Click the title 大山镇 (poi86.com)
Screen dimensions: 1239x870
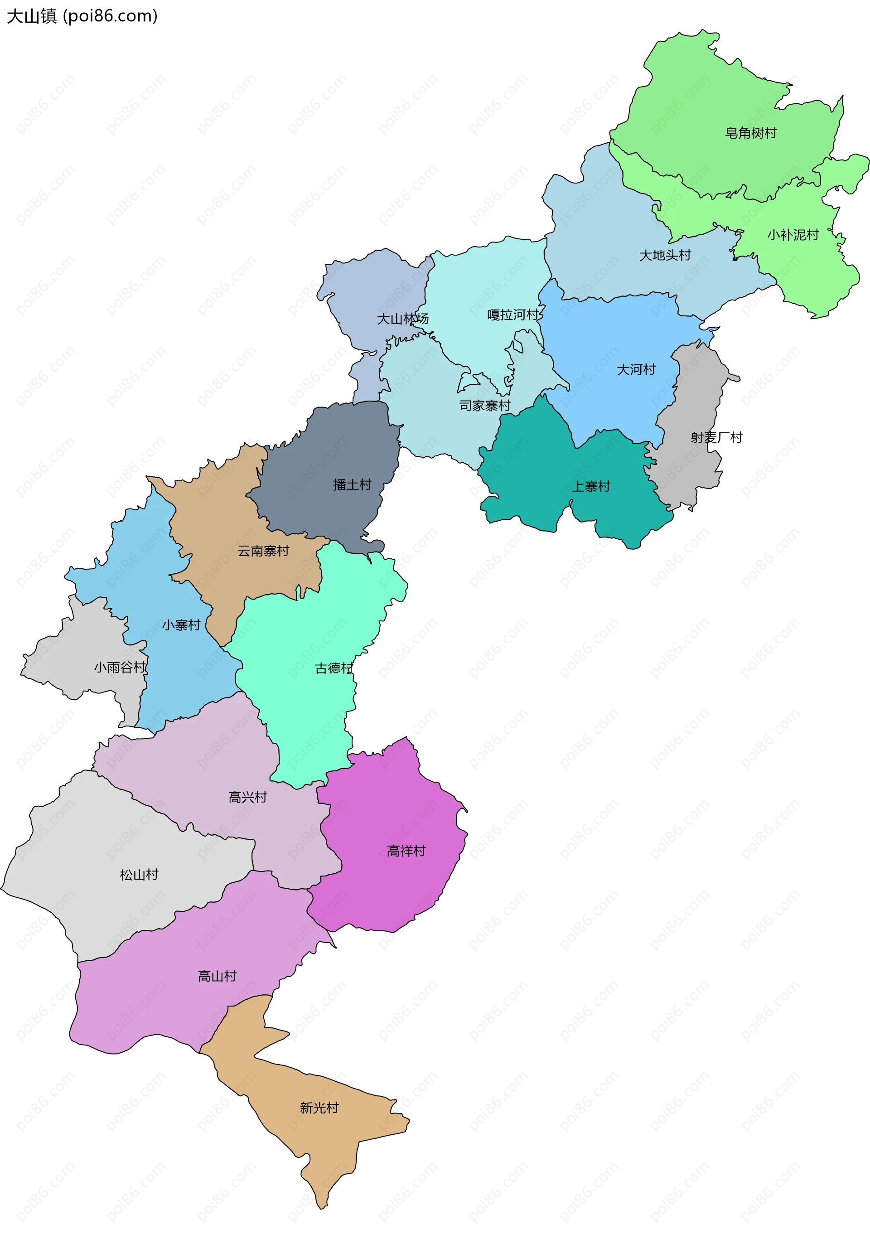pyautogui.click(x=82, y=16)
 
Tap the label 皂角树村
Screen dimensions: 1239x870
pyautogui.click(x=750, y=133)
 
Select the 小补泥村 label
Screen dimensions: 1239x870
pyautogui.click(x=793, y=235)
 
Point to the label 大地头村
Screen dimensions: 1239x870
pyautogui.click(x=665, y=255)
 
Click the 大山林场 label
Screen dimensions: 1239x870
pyautogui.click(x=403, y=319)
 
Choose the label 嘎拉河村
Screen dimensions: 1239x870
pyautogui.click(x=513, y=315)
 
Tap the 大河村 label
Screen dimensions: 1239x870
pyautogui.click(x=636, y=370)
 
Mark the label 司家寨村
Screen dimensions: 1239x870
pyautogui.click(x=485, y=405)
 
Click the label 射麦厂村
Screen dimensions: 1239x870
pyautogui.click(x=716, y=437)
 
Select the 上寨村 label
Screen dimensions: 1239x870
pyautogui.click(x=591, y=487)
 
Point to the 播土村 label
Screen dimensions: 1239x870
pyautogui.click(x=353, y=484)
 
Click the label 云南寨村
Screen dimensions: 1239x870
pyautogui.click(x=263, y=551)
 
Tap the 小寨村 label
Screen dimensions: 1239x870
pyautogui.click(x=181, y=625)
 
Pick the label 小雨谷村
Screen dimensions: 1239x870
pyautogui.click(x=120, y=668)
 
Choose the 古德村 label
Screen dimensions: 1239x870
pyautogui.click(x=334, y=668)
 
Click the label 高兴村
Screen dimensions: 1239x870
pyautogui.click(x=248, y=797)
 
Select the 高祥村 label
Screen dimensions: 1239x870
pyautogui.click(x=406, y=851)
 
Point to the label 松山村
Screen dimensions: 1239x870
pyautogui.click(x=139, y=875)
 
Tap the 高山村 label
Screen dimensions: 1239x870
pyautogui.click(x=217, y=976)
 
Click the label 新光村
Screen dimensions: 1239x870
pyautogui.click(x=319, y=1108)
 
